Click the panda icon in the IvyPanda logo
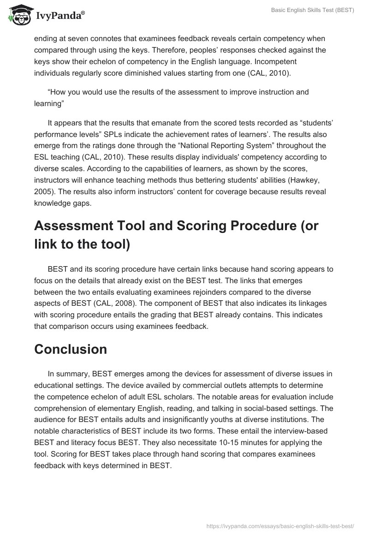[18, 15]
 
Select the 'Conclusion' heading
[71, 349]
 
